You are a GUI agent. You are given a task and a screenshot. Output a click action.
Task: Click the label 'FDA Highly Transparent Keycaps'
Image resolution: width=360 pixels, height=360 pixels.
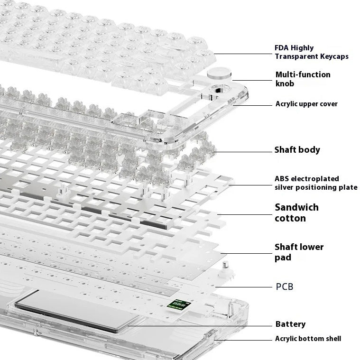tap(312, 52)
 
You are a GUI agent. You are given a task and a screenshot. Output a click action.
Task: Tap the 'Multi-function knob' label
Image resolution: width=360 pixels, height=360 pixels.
tap(303, 79)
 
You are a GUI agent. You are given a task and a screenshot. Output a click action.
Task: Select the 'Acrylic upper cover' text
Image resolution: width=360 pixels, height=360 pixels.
tap(306, 104)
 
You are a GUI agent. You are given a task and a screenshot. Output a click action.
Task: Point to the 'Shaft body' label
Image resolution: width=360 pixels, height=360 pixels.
tap(297, 150)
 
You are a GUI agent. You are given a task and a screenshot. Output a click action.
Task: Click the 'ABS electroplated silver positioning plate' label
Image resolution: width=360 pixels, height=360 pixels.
tap(316, 183)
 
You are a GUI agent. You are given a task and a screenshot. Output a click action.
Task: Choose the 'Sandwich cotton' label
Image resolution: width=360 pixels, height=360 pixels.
tap(296, 212)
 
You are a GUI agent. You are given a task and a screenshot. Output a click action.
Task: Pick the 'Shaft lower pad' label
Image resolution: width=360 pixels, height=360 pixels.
tap(299, 252)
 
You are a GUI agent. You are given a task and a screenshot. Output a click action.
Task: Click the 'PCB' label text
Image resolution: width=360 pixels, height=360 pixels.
tap(285, 287)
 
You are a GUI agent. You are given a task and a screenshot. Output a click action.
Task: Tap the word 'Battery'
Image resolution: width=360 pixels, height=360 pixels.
tap(290, 324)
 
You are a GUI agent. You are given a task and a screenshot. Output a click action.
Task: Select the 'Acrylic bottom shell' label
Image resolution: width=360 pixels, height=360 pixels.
tap(308, 339)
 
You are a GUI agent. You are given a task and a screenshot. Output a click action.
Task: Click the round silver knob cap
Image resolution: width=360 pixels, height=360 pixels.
tap(219, 73)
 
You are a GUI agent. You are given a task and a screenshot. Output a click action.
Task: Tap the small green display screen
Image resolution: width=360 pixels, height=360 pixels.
tap(179, 305)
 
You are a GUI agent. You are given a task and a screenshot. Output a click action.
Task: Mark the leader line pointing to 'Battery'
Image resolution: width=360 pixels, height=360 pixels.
tap(200, 326)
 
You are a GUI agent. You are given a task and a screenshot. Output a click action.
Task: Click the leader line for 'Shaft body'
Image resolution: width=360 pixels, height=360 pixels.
tap(244, 152)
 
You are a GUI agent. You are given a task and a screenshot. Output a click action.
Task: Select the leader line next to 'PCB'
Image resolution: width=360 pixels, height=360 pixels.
tap(244, 287)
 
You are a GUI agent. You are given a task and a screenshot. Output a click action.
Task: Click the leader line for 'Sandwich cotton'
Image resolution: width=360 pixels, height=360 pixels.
tap(245, 215)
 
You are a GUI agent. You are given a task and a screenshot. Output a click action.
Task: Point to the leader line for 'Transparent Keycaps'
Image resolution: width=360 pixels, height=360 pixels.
tap(243, 54)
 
